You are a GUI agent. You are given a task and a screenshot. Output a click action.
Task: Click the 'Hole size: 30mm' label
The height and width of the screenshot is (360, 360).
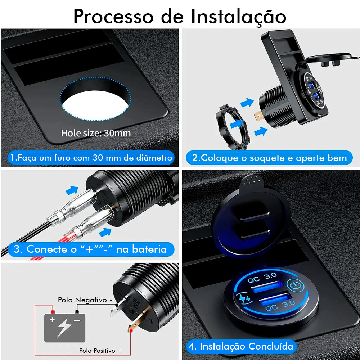pos(96,133)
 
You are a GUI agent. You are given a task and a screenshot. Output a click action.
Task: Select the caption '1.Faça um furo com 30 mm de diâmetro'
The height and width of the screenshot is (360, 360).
pos(91,158)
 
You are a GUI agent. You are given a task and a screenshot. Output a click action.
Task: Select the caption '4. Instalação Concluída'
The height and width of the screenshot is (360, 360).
pos(241,346)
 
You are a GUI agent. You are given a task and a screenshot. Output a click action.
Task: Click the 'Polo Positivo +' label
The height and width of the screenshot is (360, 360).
pos(100,350)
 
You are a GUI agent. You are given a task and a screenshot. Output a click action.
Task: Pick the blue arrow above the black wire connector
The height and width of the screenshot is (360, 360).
pos(72,190)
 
